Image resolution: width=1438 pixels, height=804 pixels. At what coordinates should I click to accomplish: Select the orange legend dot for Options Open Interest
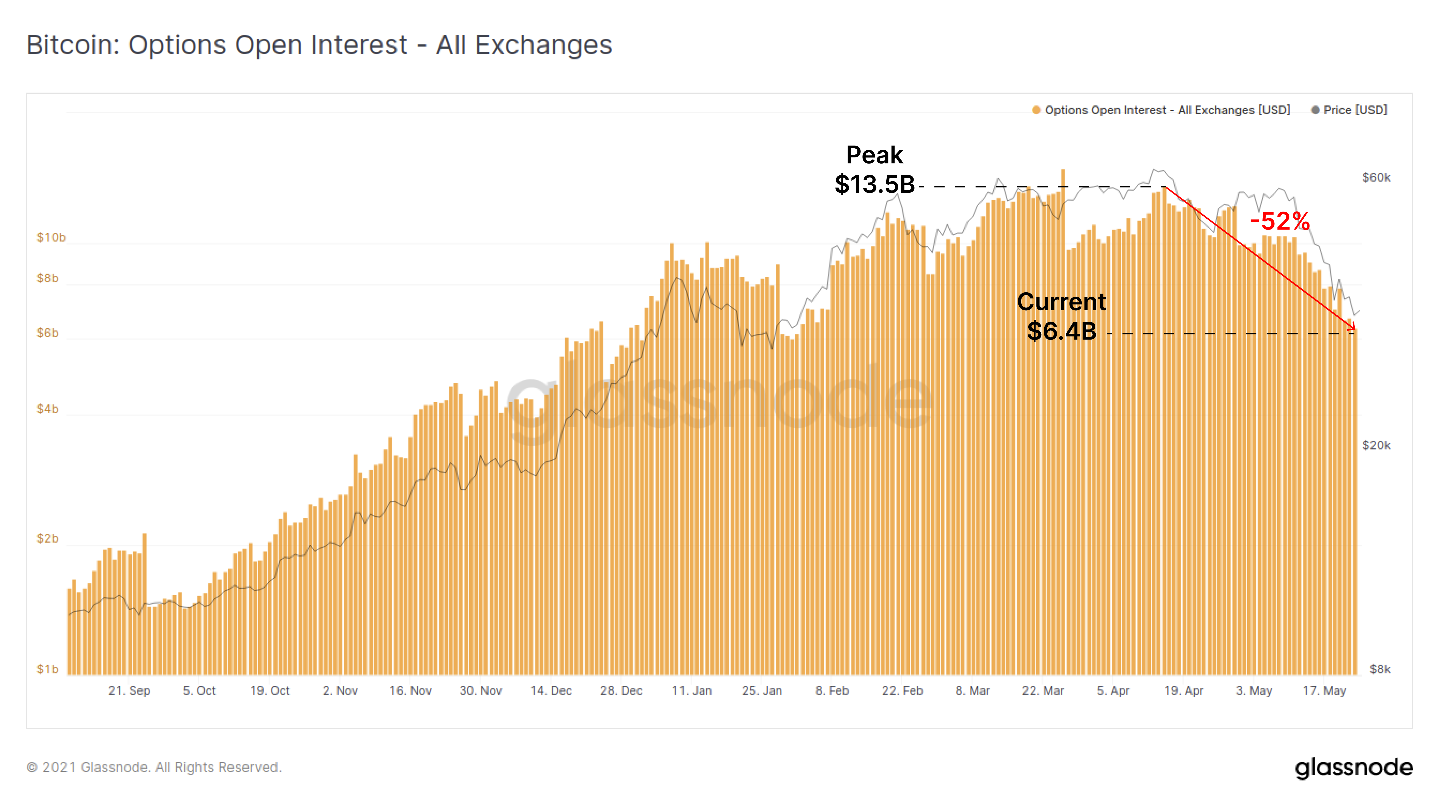click(x=1036, y=110)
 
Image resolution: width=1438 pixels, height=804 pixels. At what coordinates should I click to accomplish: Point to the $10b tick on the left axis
click(x=51, y=237)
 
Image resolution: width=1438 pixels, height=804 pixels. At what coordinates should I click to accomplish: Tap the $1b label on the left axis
click(x=47, y=669)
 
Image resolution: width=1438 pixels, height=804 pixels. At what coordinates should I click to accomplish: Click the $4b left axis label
click(x=47, y=409)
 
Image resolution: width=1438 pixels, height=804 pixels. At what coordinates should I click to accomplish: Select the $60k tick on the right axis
click(x=1376, y=178)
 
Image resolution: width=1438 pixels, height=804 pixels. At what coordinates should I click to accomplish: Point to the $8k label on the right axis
click(x=1380, y=669)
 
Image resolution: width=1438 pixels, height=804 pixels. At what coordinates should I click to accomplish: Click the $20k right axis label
click(x=1376, y=445)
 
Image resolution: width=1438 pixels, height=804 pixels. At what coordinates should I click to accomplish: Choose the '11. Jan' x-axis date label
click(x=692, y=691)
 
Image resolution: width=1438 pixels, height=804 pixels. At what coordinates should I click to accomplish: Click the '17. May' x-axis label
click(x=1324, y=691)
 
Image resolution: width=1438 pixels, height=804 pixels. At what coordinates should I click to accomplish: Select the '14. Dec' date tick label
click(x=551, y=691)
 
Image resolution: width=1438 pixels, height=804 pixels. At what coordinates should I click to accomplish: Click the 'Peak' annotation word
click(x=874, y=155)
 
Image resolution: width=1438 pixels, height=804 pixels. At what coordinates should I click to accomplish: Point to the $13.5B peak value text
click(x=874, y=184)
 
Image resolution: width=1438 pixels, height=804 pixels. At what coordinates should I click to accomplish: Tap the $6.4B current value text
click(x=1061, y=331)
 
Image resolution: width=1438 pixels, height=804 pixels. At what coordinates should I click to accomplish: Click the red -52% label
click(x=1280, y=221)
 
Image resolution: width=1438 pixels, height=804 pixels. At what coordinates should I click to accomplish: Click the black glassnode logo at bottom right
click(x=1354, y=768)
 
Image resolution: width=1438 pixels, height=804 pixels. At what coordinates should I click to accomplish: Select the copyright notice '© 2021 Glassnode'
click(x=153, y=767)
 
